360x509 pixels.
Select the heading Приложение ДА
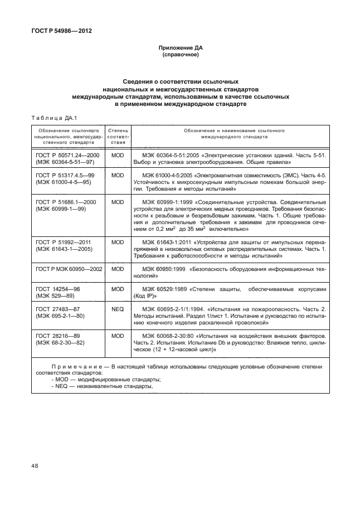point(180,49)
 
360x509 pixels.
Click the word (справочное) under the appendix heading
point(180,56)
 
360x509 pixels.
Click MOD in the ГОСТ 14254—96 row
point(117,289)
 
